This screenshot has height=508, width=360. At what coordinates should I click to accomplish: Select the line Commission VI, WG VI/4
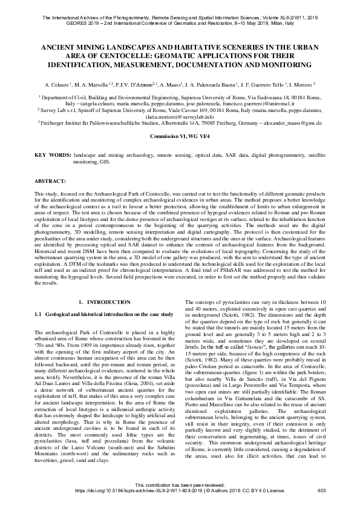point(179,137)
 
